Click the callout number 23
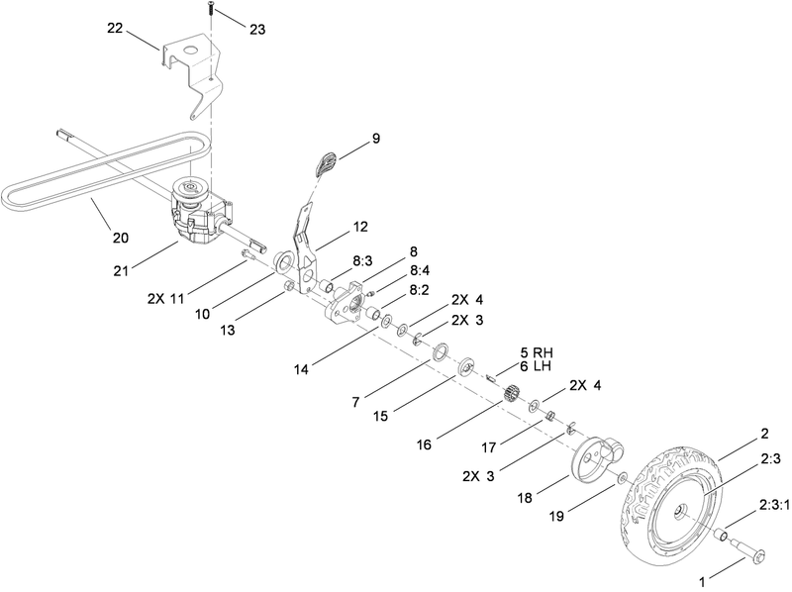point(257,31)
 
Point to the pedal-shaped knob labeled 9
point(327,161)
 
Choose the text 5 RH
point(536,352)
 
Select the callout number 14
point(300,368)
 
